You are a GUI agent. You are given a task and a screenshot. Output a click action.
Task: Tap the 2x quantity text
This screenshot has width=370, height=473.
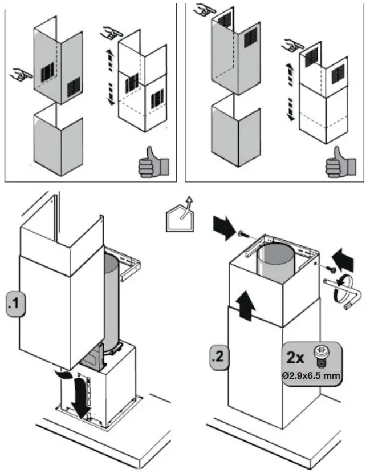295,358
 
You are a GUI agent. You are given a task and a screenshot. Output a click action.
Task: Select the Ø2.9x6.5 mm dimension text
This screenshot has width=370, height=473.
311,376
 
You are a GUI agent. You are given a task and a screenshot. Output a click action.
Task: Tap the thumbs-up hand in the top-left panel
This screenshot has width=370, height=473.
151,161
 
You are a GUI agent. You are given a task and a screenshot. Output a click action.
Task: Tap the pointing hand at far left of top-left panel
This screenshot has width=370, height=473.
19,73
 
